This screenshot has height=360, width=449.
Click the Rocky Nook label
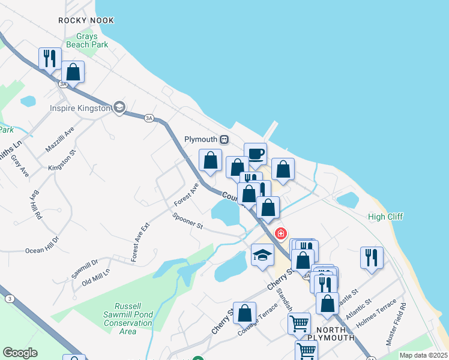pos(86,20)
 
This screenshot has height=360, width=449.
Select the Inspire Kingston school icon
pos(119,107)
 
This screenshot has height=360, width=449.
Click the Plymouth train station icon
pos(224,139)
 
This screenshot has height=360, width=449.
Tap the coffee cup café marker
pos(255,153)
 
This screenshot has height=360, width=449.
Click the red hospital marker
pos(280,233)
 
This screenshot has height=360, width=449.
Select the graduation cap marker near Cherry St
pos(262,254)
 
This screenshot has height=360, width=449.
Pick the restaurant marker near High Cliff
pos(372,257)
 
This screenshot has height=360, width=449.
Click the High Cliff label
pos(386,217)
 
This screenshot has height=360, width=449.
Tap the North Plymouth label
pos(327,334)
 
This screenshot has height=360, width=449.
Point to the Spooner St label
pos(188,221)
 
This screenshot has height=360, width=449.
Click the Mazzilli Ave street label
pos(59,139)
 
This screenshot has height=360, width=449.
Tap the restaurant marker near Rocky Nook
pos(50,58)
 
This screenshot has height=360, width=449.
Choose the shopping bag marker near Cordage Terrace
pos(244,312)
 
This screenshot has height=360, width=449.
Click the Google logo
pos(20,353)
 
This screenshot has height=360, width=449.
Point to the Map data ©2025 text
pos(423,355)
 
